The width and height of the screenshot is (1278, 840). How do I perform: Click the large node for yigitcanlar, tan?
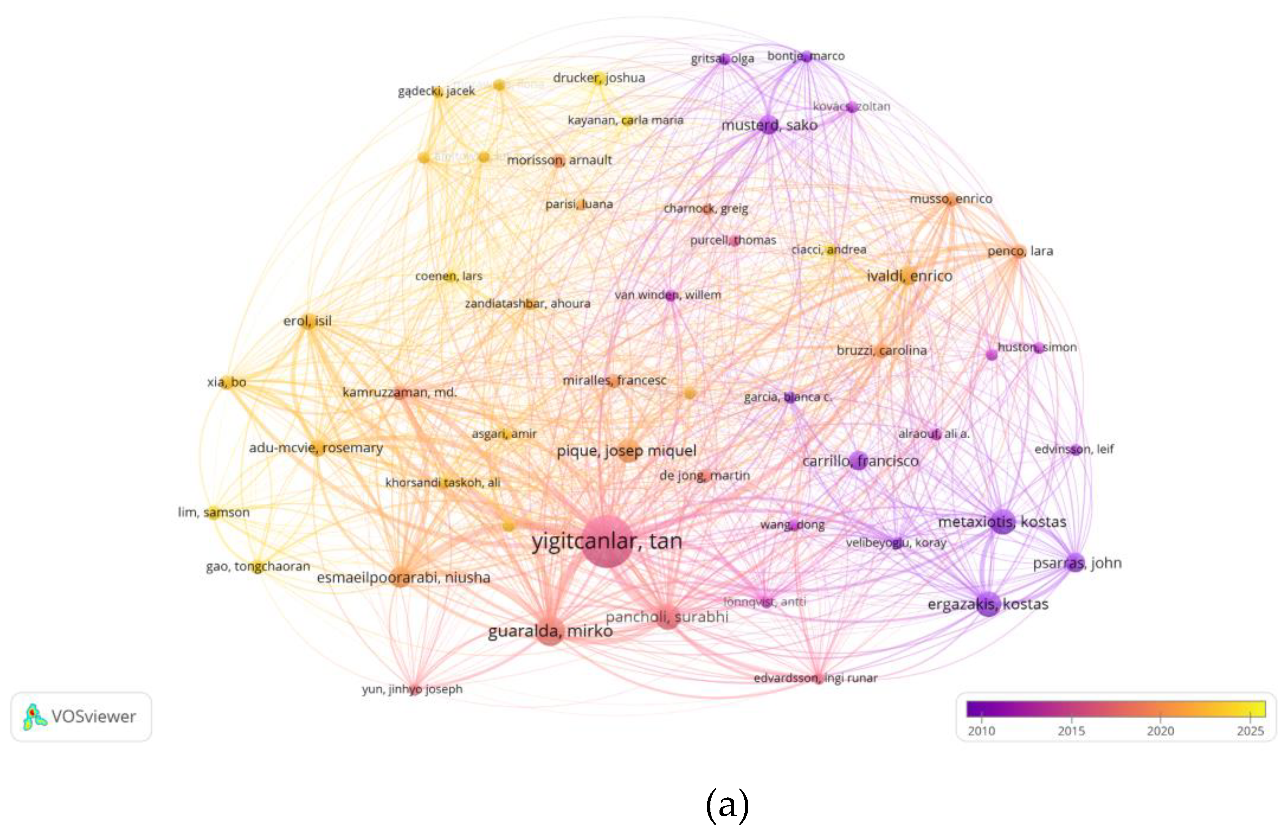pyautogui.click(x=606, y=541)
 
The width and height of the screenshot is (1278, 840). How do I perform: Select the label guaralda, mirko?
pyautogui.click(x=550, y=630)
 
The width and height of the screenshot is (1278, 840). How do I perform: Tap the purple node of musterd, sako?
pyautogui.click(x=769, y=125)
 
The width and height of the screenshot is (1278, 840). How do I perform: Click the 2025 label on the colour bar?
pyautogui.click(x=1250, y=731)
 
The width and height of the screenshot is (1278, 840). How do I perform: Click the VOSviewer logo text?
pyautogui.click(x=93, y=717)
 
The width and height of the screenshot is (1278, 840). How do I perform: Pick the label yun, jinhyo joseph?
pyautogui.click(x=412, y=689)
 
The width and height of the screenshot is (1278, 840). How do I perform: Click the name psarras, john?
pyautogui.click(x=1077, y=563)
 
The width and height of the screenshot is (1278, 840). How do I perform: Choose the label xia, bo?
pyautogui.click(x=226, y=382)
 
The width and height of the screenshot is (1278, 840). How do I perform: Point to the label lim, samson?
pyautogui.click(x=214, y=513)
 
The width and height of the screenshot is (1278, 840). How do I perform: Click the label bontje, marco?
pyautogui.click(x=805, y=56)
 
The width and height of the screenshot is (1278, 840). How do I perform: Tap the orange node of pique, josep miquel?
pyautogui.click(x=627, y=451)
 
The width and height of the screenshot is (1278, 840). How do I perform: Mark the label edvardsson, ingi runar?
pyautogui.click(x=815, y=678)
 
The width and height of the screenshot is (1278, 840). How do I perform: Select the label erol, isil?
pyautogui.click(x=307, y=321)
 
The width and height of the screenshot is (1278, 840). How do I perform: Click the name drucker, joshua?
pyautogui.click(x=599, y=78)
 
